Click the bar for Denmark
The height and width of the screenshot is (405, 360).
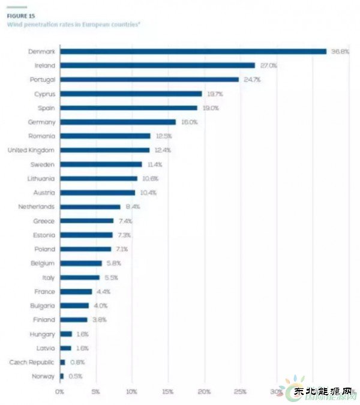[x=193, y=51]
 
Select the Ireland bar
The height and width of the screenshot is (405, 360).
[x=157, y=65]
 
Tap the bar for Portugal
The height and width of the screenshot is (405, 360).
[x=149, y=79]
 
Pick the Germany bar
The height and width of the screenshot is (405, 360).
[x=118, y=122]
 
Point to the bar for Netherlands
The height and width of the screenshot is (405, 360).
[x=90, y=206]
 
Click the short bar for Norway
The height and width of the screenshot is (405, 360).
[x=61, y=376]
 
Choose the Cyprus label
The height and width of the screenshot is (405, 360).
[x=44, y=94]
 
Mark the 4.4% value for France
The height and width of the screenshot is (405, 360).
[x=104, y=292]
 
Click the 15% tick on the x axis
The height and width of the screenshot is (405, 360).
[x=168, y=391]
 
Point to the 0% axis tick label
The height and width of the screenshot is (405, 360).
[x=59, y=391]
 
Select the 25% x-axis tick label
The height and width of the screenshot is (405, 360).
[x=241, y=391]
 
